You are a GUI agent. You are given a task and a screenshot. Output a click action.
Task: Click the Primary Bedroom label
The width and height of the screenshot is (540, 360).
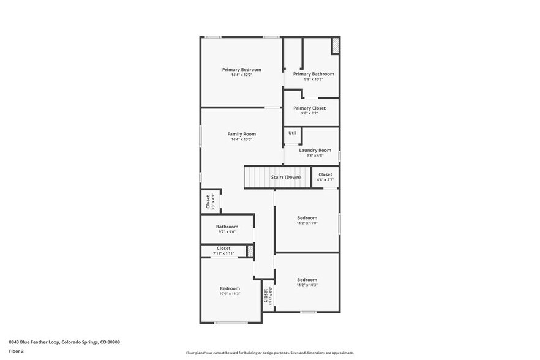click(x=241, y=70)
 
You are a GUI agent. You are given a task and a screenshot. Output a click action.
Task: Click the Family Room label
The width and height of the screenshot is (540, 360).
click(x=241, y=134)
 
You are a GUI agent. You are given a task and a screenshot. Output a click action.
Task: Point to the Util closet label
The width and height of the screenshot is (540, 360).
click(x=292, y=133)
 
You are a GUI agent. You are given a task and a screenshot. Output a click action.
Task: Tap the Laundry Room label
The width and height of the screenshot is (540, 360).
click(x=315, y=150)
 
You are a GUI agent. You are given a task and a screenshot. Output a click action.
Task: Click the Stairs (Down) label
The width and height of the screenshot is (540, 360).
click(x=286, y=177)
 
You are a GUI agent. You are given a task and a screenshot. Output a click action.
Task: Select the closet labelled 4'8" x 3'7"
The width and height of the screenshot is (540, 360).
click(x=325, y=177)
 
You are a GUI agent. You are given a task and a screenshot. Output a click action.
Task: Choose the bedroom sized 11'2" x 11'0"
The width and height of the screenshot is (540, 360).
click(x=307, y=220)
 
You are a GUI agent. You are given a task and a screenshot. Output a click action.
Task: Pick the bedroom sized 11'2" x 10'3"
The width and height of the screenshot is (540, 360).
click(x=307, y=282)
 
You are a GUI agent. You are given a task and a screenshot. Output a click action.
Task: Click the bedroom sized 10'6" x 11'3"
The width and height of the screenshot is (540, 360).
click(x=230, y=290)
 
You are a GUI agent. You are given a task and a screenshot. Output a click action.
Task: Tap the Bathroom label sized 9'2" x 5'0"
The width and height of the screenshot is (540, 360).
click(x=227, y=228)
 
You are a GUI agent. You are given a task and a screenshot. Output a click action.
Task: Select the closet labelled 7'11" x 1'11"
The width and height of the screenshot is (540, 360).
click(x=223, y=250)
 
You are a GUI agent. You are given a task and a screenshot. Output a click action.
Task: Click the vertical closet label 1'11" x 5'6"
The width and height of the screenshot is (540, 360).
click(x=267, y=296)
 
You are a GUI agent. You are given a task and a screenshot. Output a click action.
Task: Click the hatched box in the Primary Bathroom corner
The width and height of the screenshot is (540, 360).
click(x=335, y=45)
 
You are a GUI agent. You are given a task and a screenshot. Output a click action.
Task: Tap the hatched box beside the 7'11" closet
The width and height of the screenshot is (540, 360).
click(x=250, y=250)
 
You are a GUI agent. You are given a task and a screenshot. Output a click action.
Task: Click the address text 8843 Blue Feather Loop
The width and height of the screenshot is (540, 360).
click(x=64, y=342)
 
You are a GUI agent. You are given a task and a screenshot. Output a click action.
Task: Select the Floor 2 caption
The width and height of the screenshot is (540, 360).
click(x=17, y=351)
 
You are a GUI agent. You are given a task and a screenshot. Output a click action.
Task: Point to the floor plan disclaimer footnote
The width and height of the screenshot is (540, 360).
click(x=269, y=353)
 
